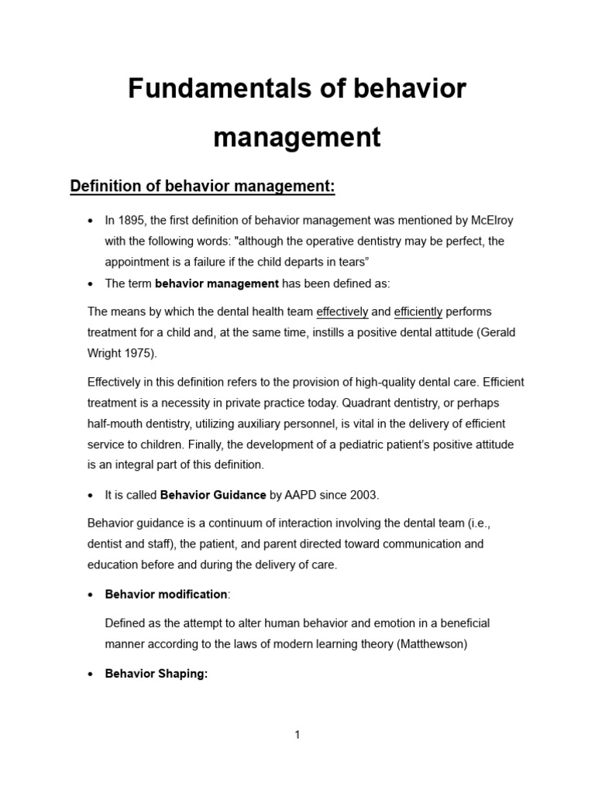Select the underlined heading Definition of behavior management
[x=202, y=187]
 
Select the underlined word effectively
[x=342, y=312]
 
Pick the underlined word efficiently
[x=418, y=312]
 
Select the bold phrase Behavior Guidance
[x=212, y=495]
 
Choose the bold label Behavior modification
[x=166, y=594]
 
